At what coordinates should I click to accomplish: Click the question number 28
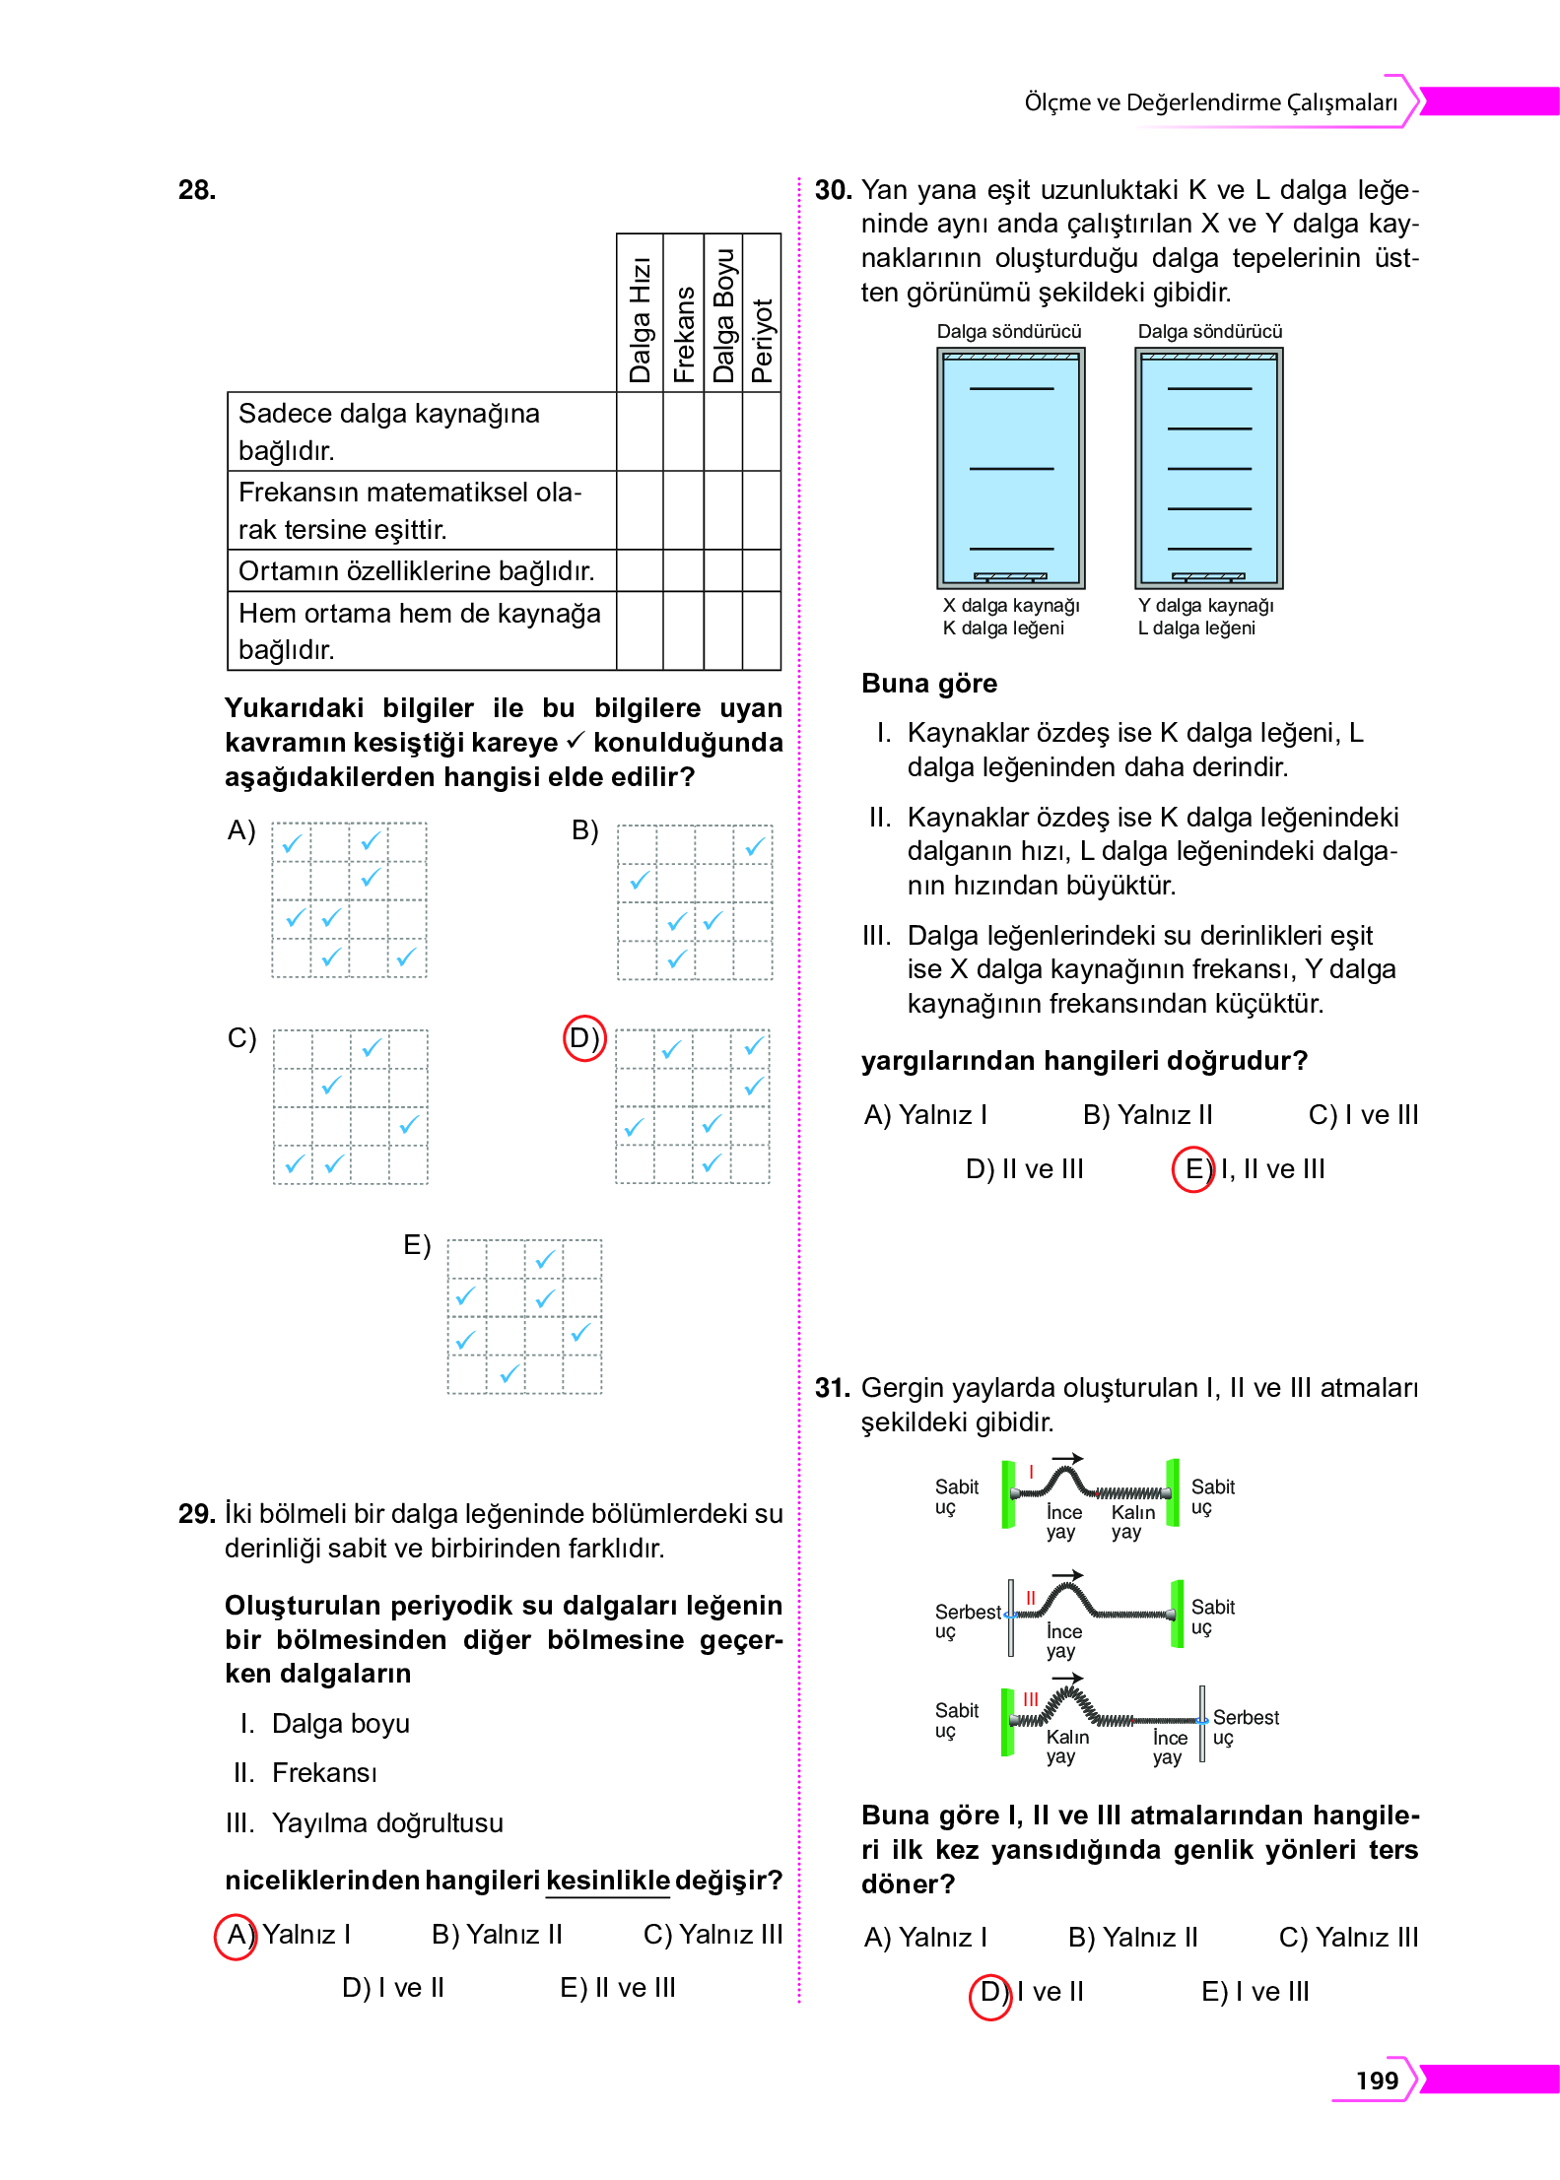point(197,190)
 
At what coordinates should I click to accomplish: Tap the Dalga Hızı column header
point(640,319)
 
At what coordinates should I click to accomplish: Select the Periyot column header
point(762,340)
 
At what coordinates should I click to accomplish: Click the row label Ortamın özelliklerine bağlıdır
point(416,571)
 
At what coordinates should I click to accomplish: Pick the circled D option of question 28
point(583,1038)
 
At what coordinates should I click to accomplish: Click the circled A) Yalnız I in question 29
point(237,1935)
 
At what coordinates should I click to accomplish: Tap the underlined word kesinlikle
point(607,1880)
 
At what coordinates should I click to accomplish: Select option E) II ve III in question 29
point(617,1988)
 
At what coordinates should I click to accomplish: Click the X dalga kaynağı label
point(1010,605)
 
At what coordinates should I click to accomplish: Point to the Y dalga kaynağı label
point(1205,605)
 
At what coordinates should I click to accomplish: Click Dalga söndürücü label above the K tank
point(1008,332)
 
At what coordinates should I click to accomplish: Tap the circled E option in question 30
point(1192,1169)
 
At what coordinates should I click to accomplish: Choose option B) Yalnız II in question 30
point(1147,1115)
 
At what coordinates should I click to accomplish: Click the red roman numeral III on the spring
point(1030,1698)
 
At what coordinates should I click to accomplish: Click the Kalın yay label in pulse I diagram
point(1132,1521)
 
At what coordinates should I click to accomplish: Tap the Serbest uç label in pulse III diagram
point(1245,1727)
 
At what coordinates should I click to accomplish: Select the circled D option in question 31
point(990,1992)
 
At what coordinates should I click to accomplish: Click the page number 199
point(1376,2081)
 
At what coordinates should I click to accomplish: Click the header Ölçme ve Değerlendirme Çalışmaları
point(1210,102)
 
